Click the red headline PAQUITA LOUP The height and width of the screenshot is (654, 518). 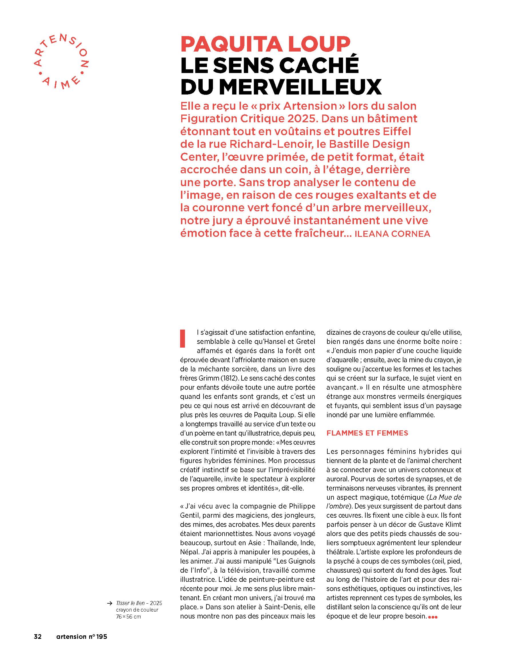pos(265,44)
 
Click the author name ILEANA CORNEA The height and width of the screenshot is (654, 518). pos(392,234)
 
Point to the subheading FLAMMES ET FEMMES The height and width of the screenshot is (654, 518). pos(367,433)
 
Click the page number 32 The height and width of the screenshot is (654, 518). pos(37,637)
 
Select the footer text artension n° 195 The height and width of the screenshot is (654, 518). pos(82,637)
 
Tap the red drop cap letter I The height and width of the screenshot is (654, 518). pos(182,338)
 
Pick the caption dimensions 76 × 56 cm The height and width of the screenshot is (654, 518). pos(128,617)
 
